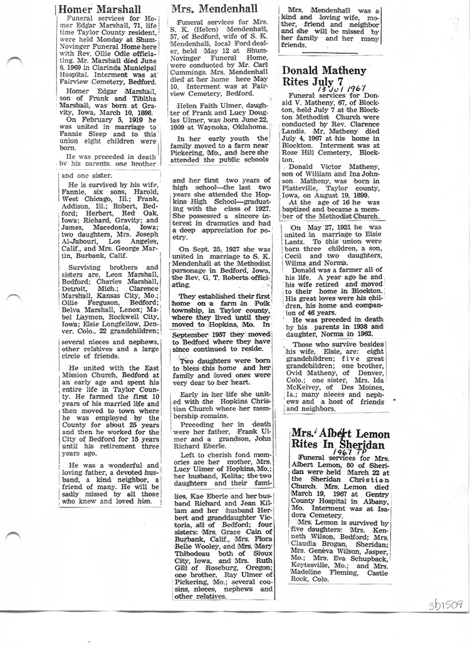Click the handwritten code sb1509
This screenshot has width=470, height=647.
coord(446,604)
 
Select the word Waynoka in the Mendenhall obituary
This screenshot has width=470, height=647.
coord(210,121)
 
